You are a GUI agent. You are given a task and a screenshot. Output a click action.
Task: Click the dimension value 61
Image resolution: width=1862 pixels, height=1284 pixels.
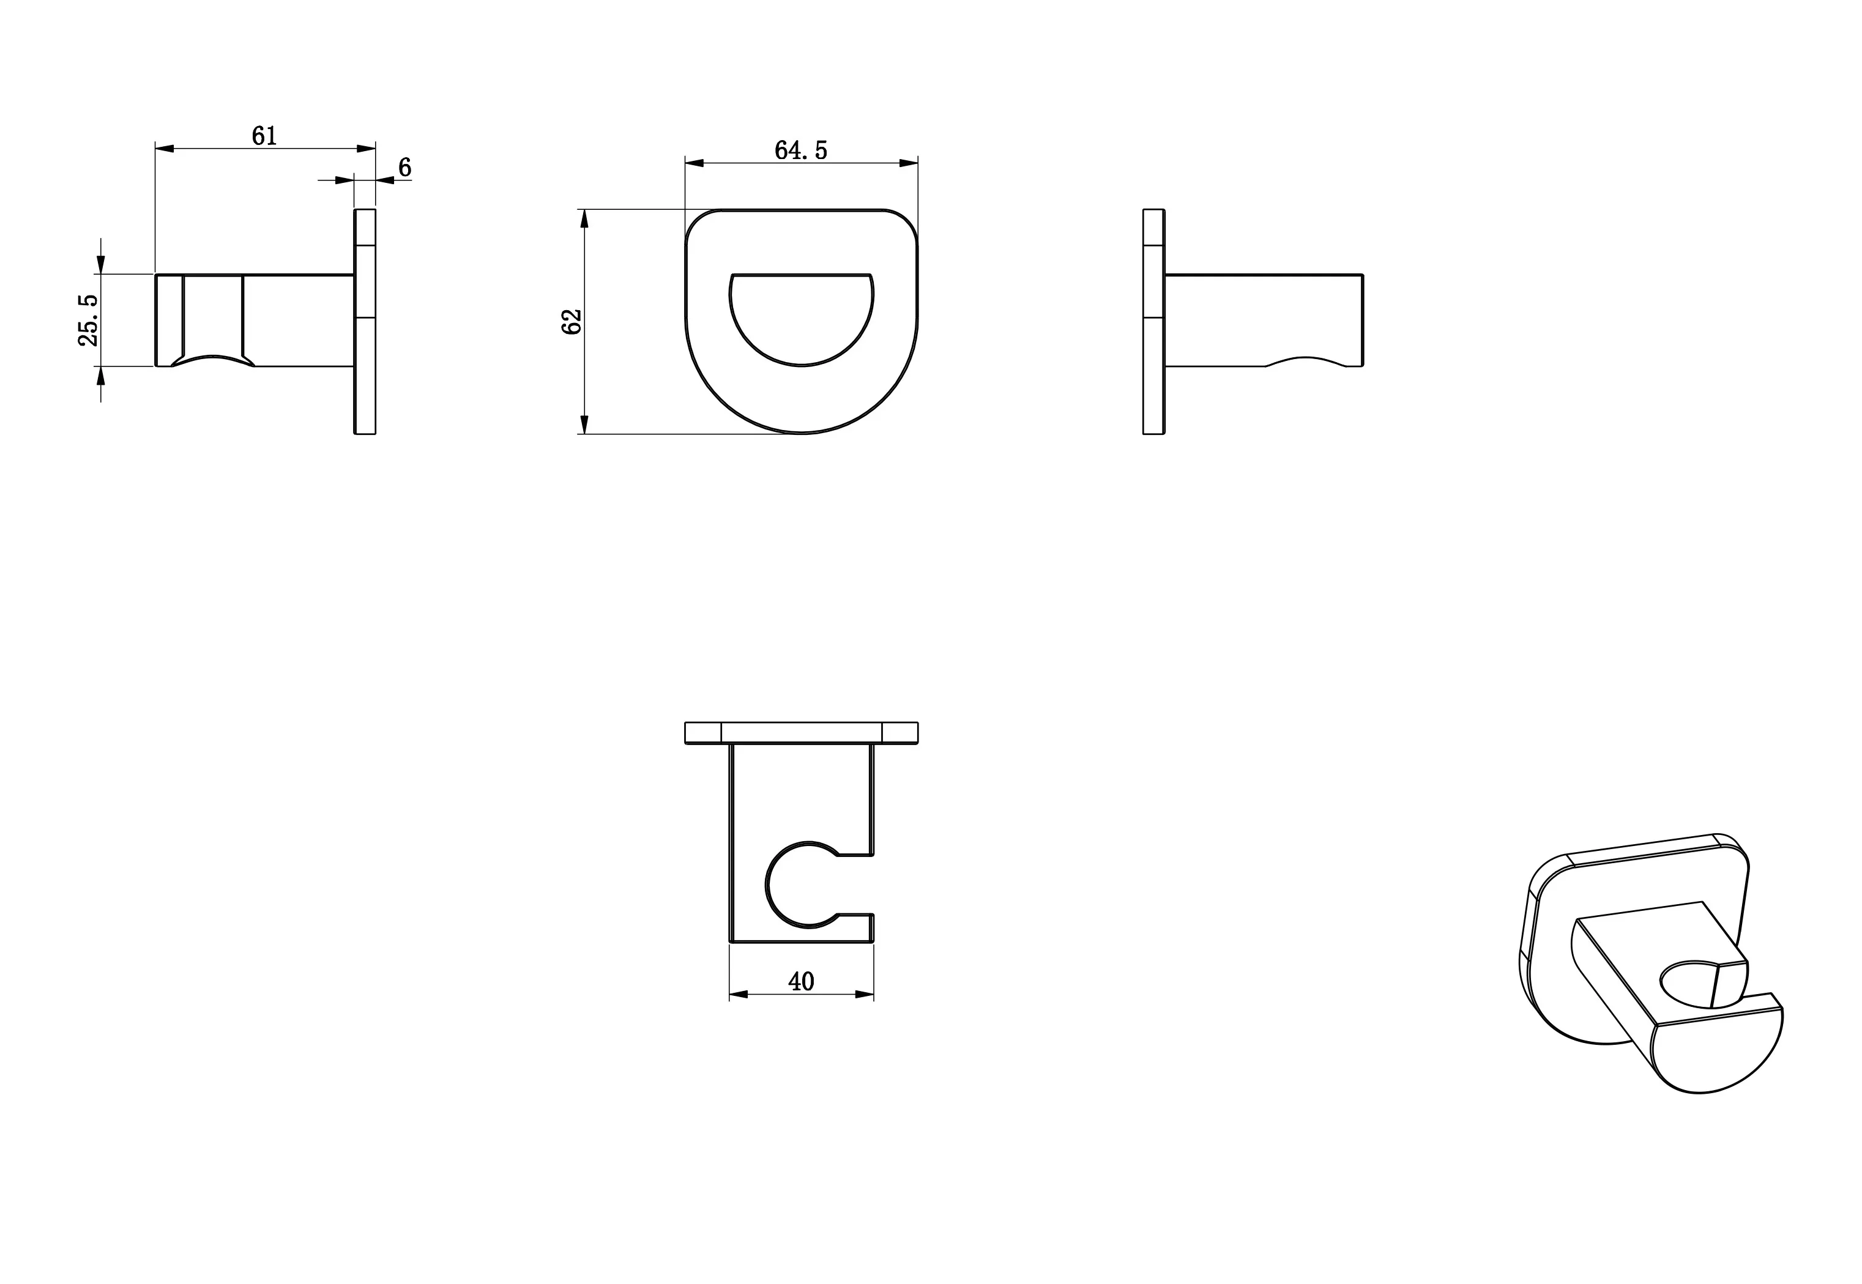coord(264,136)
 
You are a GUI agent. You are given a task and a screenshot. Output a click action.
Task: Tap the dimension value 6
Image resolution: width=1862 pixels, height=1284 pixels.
coord(404,168)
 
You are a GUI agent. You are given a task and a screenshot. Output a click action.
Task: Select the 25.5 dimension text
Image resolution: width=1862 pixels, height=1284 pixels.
coord(89,320)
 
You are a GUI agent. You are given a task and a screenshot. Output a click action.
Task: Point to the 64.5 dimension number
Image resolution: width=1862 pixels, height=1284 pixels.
coord(800,150)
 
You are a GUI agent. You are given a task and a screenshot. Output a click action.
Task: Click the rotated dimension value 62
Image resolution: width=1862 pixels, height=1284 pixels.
coord(572,322)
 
